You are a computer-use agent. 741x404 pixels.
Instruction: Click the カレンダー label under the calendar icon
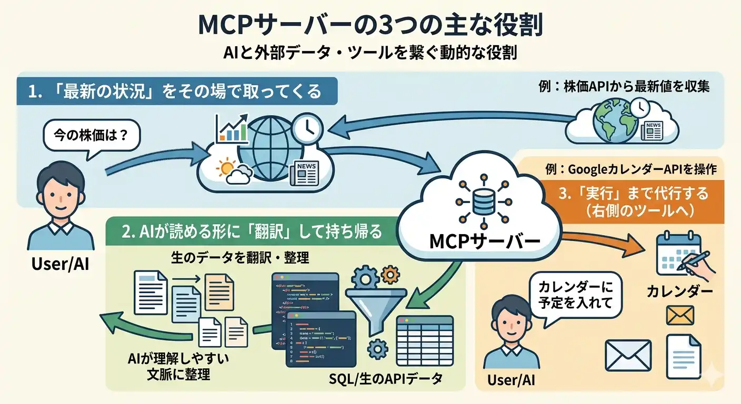(679, 291)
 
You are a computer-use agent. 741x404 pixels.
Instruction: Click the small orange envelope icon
(680, 315)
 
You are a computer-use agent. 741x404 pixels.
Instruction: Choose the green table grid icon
(424, 337)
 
